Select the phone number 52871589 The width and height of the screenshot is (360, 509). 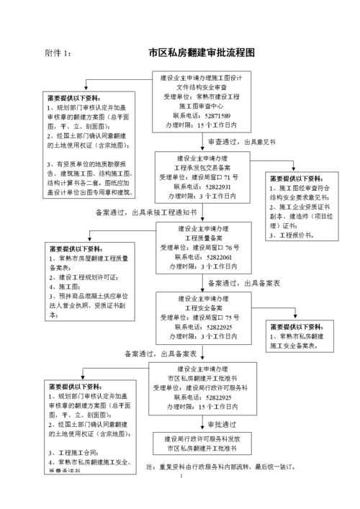click(x=216, y=115)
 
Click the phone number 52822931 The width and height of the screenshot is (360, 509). click(x=216, y=185)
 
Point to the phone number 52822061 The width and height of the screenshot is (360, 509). click(x=216, y=256)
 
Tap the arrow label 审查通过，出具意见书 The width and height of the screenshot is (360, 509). click(x=242, y=142)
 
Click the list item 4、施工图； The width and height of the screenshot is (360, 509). click(x=65, y=286)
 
